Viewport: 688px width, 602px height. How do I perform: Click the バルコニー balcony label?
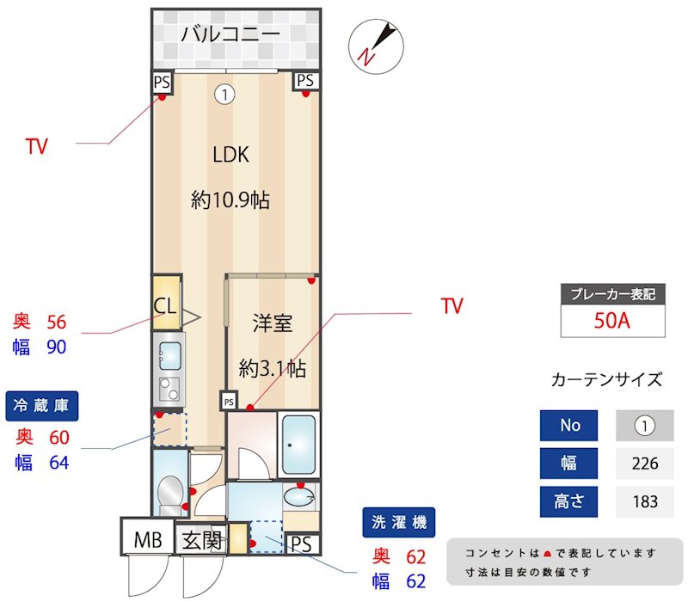click(230, 35)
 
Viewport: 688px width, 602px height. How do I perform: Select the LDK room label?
click(230, 155)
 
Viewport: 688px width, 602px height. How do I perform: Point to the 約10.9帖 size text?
click(230, 201)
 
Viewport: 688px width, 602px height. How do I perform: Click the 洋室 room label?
click(272, 323)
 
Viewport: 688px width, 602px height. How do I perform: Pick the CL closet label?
click(166, 305)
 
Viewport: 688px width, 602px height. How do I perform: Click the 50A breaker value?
click(612, 321)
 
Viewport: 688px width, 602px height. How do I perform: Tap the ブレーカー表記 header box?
click(612, 294)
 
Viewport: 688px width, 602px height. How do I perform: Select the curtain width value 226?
click(644, 464)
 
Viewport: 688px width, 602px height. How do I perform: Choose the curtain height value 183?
click(644, 501)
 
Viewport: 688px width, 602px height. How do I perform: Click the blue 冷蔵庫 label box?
click(43, 405)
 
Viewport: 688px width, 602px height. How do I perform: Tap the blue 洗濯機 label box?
click(399, 521)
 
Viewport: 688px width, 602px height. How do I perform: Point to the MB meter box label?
click(148, 541)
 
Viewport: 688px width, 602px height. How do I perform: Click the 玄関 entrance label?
click(202, 541)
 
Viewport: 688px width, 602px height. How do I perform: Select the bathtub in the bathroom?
click(299, 444)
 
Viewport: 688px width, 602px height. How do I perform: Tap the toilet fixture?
click(169, 493)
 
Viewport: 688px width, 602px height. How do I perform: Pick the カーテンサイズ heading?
click(606, 379)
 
